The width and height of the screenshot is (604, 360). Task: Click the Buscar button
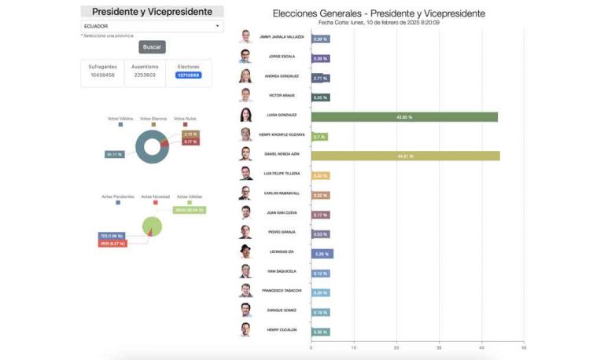(x=152, y=47)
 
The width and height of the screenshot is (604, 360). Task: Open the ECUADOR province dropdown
(x=152, y=26)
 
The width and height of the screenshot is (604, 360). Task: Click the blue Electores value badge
(x=189, y=75)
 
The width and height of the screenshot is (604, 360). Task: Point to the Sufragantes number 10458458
(x=101, y=75)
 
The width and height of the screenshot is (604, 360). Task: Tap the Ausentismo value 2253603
(x=145, y=75)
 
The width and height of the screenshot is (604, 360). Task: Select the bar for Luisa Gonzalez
(x=404, y=117)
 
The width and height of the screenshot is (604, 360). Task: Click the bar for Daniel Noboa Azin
(x=405, y=156)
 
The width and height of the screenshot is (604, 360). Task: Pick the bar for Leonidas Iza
(x=322, y=254)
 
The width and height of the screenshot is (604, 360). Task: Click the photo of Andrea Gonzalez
(x=245, y=76)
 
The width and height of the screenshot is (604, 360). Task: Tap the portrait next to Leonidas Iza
(x=245, y=252)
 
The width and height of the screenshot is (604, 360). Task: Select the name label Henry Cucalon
(x=282, y=330)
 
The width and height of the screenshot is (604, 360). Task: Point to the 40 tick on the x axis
(x=481, y=347)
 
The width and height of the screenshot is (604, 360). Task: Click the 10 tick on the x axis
(x=354, y=347)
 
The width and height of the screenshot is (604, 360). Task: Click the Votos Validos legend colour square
(x=120, y=124)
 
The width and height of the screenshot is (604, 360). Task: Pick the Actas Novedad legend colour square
(x=156, y=202)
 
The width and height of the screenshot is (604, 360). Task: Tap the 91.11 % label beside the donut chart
(x=113, y=154)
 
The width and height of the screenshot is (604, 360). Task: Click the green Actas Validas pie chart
(x=153, y=226)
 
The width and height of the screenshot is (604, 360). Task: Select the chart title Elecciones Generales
(x=378, y=13)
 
